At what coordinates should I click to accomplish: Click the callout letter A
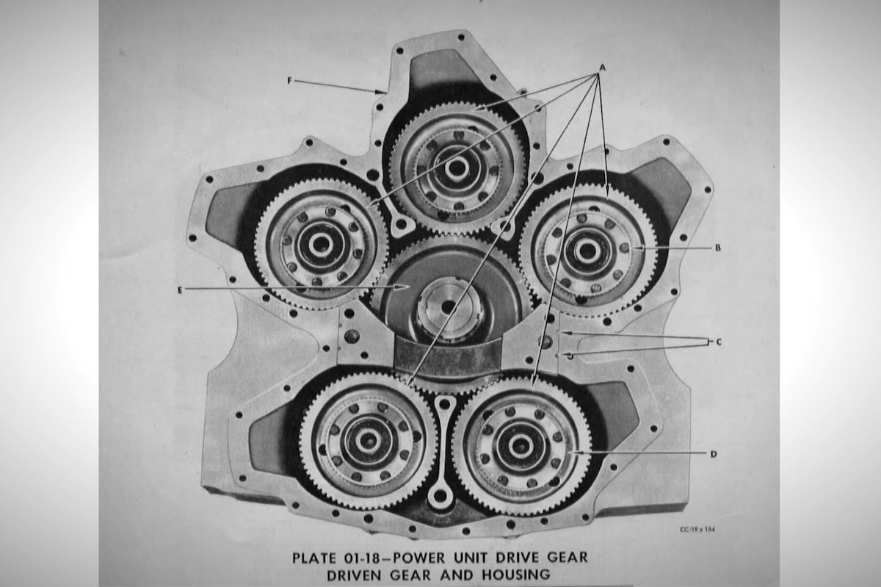tap(602, 68)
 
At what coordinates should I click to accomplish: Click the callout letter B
tap(717, 248)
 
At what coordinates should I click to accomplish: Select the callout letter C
tap(719, 342)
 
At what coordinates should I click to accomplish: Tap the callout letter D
tap(714, 454)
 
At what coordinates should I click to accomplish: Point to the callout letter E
tap(180, 290)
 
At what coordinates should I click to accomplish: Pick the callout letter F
tap(290, 81)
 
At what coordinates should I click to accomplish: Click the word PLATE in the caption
tap(314, 558)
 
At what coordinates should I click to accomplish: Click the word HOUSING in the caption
tap(516, 575)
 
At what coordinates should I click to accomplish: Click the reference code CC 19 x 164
tap(697, 529)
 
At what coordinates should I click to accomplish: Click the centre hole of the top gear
tap(456, 168)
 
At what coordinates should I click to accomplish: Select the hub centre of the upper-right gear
tap(587, 250)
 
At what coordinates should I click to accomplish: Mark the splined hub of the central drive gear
tap(449, 308)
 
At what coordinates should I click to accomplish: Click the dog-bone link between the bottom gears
tap(442, 452)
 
